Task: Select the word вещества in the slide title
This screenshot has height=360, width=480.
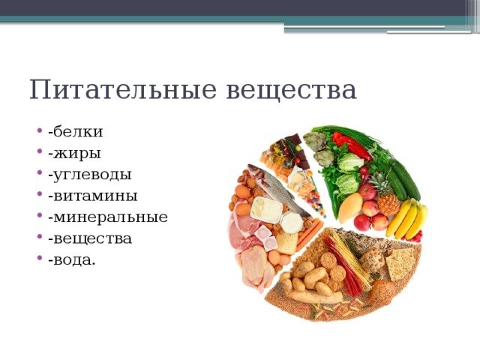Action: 291,90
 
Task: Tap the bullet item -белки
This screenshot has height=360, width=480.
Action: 75,132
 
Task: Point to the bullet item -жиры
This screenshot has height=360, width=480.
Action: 74,154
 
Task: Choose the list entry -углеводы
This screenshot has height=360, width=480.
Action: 90,175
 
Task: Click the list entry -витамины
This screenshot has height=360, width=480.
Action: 93,196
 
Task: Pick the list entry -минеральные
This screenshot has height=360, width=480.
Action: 108,217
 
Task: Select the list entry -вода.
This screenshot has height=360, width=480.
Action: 72,259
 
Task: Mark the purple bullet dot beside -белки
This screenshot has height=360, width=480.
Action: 39,130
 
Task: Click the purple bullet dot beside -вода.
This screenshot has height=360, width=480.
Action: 39,258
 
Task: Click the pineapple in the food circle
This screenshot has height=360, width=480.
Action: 387,195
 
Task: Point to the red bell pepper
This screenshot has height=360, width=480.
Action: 352,145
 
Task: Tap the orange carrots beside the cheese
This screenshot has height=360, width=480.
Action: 309,234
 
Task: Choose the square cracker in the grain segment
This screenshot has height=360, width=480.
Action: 400,263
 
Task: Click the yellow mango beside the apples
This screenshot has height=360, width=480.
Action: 350,208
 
